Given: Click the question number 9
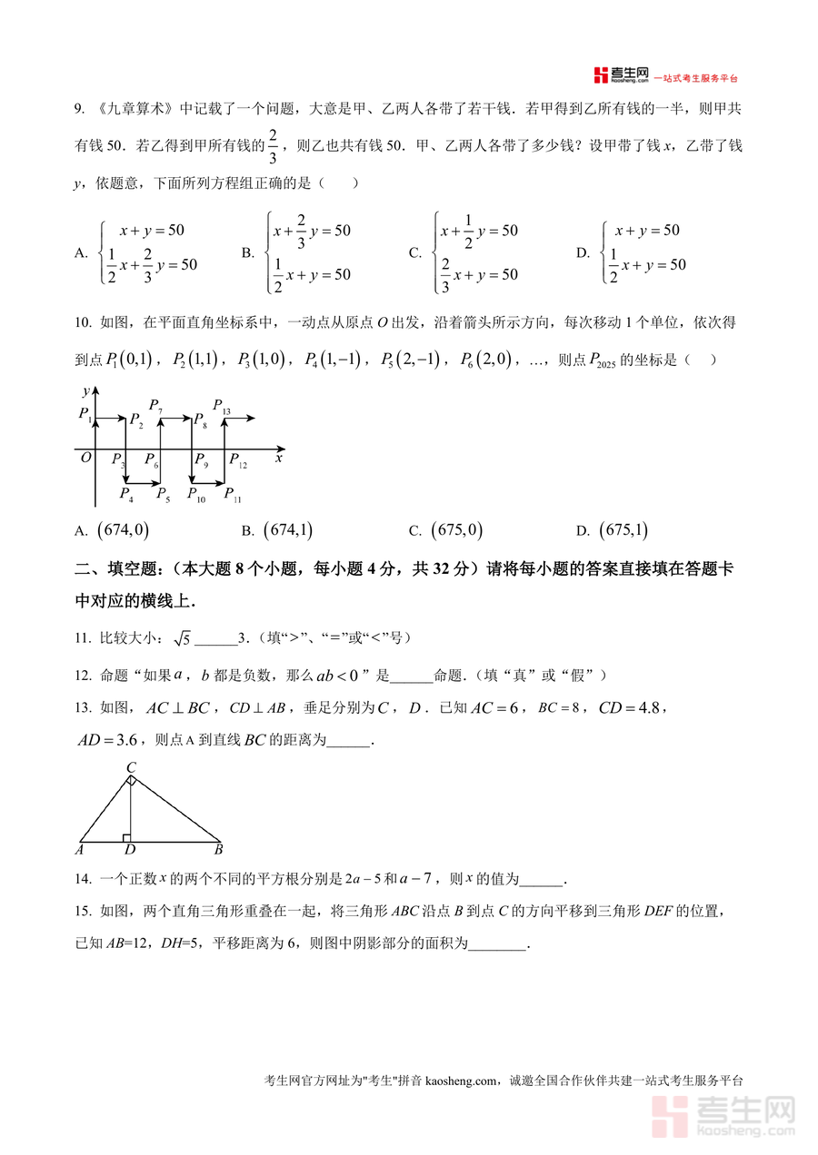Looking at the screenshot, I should (x=78, y=109).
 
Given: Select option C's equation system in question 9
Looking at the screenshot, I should (x=476, y=252).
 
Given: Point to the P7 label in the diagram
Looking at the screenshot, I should (x=155, y=405).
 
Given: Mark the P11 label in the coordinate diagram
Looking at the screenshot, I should (x=233, y=495).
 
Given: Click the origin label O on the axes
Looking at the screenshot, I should (x=86, y=458).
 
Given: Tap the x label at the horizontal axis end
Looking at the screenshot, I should (x=279, y=459).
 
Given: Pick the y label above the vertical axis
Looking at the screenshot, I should (x=85, y=390).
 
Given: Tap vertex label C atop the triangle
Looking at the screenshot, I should (x=131, y=768).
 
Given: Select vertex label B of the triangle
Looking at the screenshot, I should (x=218, y=851).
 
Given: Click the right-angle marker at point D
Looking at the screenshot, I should (x=127, y=837).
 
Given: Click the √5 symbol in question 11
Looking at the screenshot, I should (x=182, y=638).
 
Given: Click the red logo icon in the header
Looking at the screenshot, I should (x=600, y=75).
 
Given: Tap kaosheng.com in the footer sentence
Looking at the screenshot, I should (x=461, y=1081).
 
